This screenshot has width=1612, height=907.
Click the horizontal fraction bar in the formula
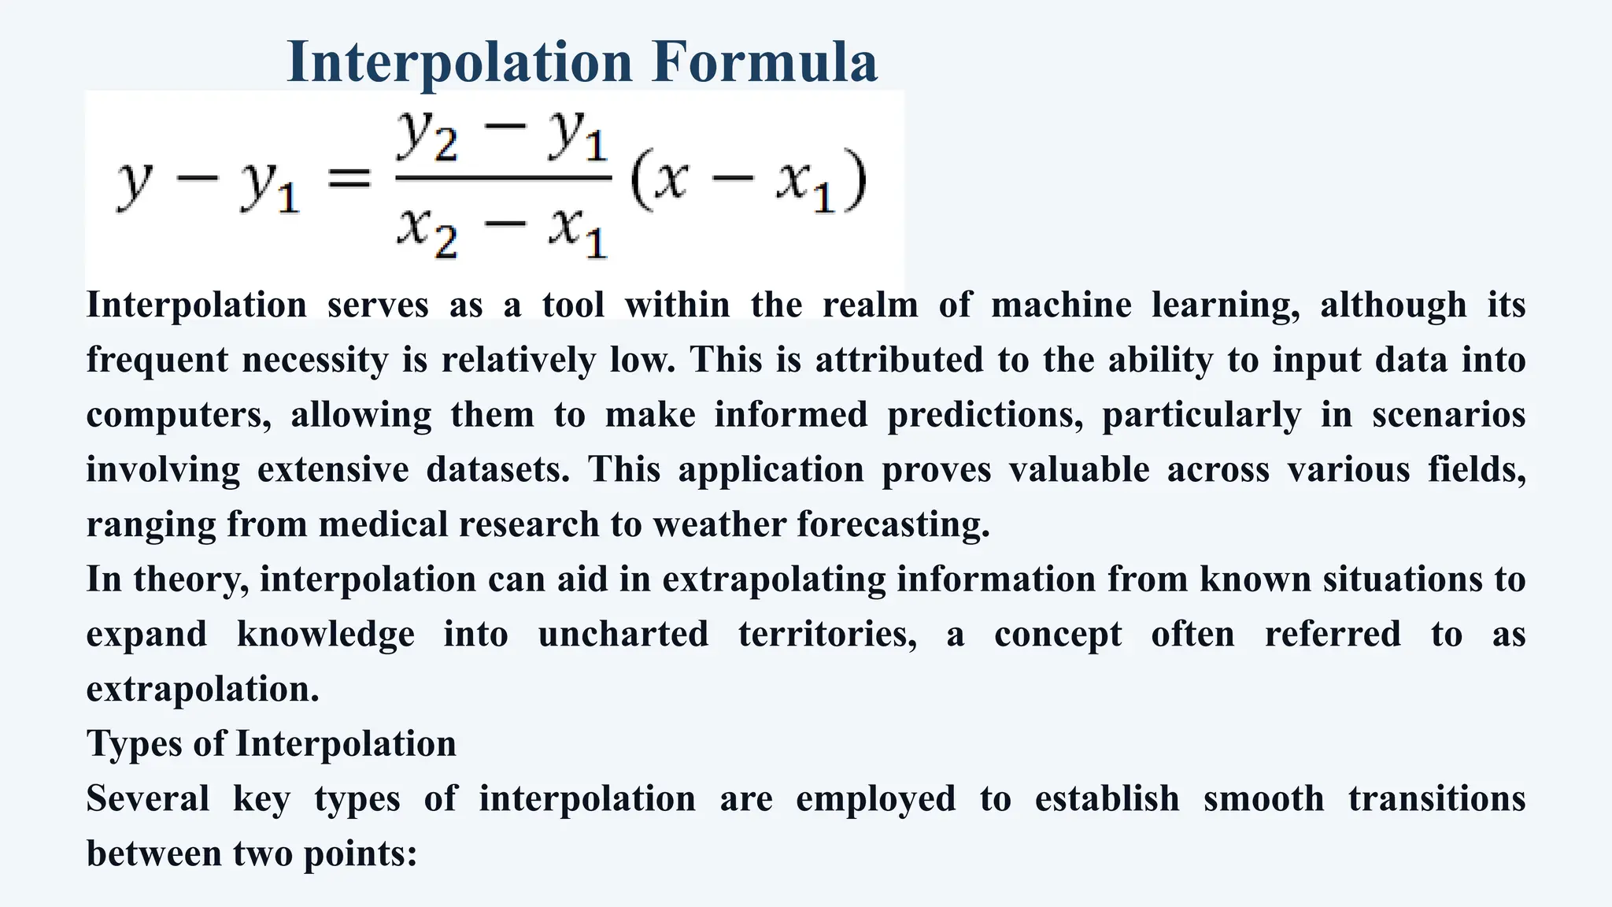pos(503,179)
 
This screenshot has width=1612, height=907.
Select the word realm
pos(870,305)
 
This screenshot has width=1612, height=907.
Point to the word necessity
pos(315,360)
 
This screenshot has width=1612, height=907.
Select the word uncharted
pos(623,635)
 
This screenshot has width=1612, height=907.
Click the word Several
pos(148,799)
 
